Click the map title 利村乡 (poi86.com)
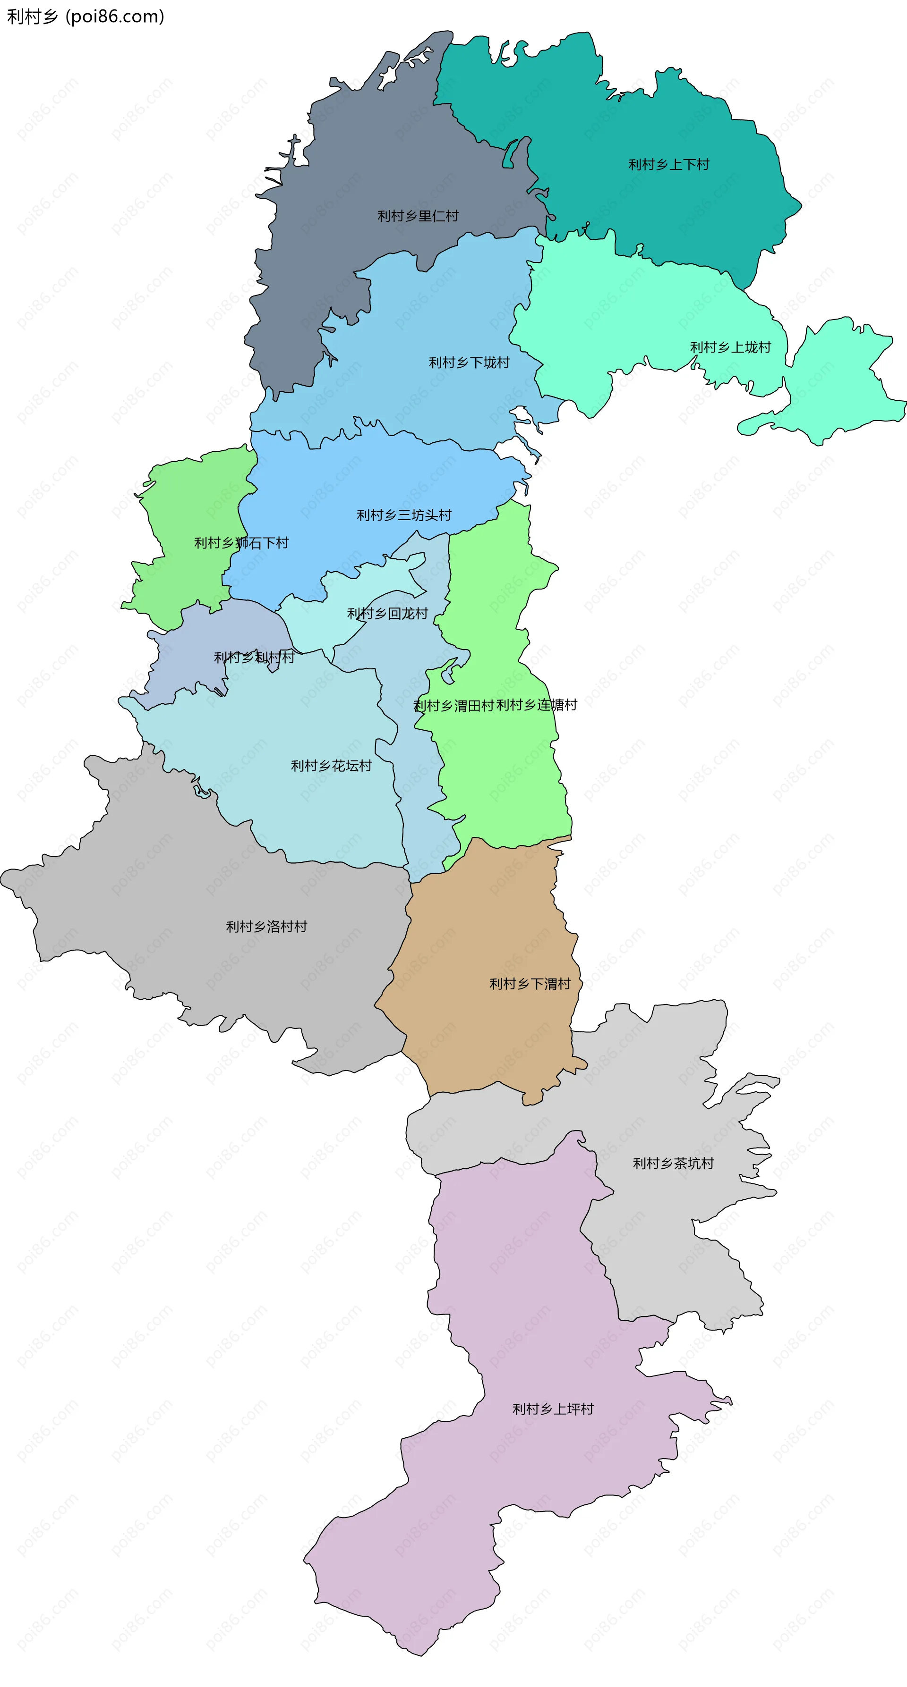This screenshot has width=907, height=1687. [x=85, y=17]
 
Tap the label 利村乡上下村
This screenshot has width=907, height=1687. [x=668, y=164]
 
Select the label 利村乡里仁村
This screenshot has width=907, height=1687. [x=418, y=216]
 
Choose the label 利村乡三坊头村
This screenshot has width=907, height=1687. [x=404, y=515]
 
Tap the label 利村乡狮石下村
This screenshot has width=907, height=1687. [x=241, y=543]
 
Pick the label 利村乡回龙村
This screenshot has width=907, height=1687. [x=387, y=614]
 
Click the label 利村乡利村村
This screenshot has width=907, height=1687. [x=254, y=658]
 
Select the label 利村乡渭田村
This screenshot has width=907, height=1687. [x=453, y=705]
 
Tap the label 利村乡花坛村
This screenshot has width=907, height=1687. [x=331, y=766]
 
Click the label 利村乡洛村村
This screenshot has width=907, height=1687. [x=266, y=927]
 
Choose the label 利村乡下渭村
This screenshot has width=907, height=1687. [x=530, y=984]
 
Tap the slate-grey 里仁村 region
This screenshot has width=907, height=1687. [x=367, y=151]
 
